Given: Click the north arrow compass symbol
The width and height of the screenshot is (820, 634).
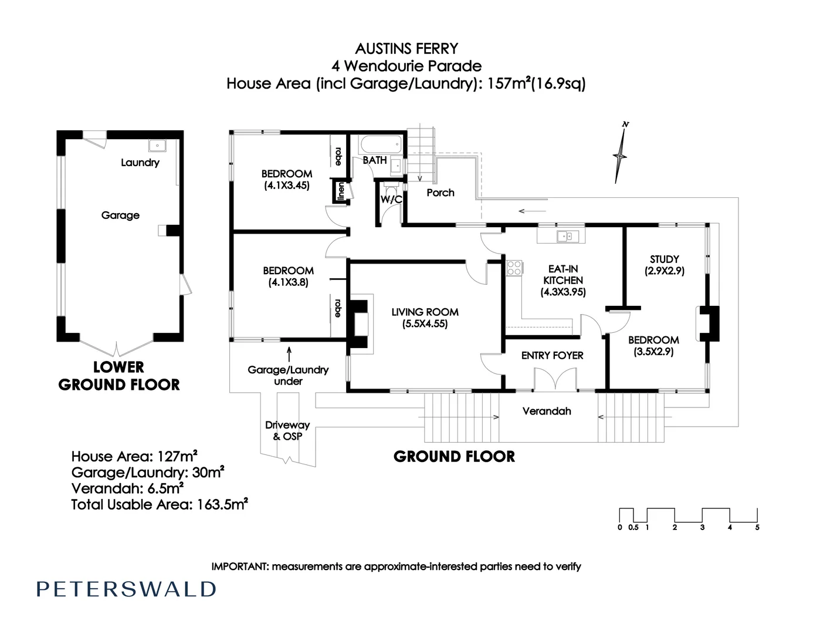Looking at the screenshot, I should click(620, 155).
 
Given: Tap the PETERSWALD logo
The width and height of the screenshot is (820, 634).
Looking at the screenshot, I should click(126, 589).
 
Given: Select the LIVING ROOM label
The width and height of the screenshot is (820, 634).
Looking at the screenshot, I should click(425, 312).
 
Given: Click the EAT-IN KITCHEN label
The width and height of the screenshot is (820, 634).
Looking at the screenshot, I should click(563, 275).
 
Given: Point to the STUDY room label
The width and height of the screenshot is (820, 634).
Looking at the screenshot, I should click(664, 259).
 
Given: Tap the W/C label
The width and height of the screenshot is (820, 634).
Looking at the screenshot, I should click(391, 200).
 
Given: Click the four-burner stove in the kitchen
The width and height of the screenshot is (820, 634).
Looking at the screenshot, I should click(514, 268).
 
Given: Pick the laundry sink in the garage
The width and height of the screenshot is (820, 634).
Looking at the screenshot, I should click(158, 146).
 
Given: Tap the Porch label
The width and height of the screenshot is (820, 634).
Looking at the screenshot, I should click(440, 193).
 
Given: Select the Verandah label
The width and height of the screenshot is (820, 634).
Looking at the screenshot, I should click(547, 411).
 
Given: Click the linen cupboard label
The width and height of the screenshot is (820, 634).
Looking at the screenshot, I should click(340, 191).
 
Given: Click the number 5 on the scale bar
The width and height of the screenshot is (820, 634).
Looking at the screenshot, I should click(757, 527).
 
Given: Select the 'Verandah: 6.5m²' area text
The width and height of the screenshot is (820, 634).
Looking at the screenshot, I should click(128, 488).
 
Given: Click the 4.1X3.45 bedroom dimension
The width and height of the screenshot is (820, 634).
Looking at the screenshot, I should click(287, 185).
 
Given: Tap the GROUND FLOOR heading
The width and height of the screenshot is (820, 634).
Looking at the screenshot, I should click(454, 456).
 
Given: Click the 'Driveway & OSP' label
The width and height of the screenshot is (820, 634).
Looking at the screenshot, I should click(287, 430).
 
